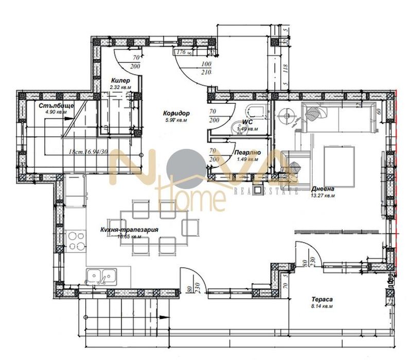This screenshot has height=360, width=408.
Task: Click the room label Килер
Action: point(120,81)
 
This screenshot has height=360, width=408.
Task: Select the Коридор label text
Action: point(177,113)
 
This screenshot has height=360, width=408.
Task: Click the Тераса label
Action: point(323,299)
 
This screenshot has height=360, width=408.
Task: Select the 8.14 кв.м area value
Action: point(323,306)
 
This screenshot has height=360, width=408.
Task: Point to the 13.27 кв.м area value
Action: point(323,195)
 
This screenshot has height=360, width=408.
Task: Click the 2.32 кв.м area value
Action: point(120,87)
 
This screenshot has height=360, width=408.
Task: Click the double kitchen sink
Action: point(101,276)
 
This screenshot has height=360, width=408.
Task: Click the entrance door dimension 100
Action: point(206,64)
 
